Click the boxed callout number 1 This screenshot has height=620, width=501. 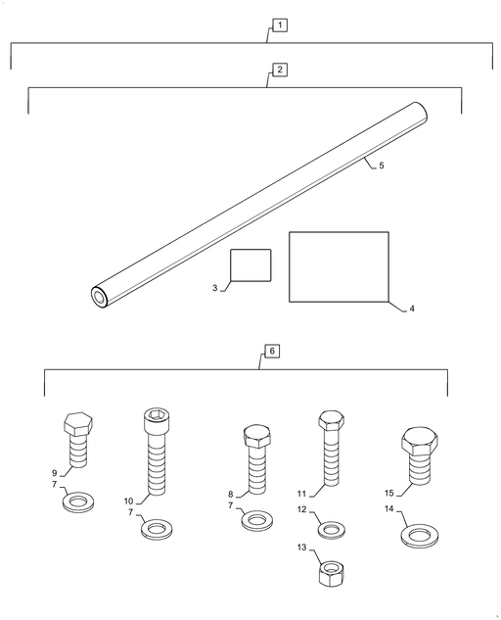(280, 25)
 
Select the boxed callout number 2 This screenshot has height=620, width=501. (280, 70)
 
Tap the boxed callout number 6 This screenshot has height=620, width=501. (272, 351)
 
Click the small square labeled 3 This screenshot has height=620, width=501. (250, 265)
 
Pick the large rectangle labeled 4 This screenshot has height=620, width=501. (339, 266)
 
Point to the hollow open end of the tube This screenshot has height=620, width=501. (99, 297)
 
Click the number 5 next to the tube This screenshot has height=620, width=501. (382, 166)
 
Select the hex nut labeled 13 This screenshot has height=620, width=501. (331, 573)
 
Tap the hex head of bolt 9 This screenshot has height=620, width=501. (78, 424)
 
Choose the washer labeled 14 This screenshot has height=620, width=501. (420, 536)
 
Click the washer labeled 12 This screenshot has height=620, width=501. (332, 530)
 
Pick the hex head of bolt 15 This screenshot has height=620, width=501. (420, 441)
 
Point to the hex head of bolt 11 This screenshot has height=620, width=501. (331, 421)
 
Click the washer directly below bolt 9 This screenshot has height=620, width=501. (78, 502)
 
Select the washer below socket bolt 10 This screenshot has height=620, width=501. (158, 529)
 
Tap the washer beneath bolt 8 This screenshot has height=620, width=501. (257, 520)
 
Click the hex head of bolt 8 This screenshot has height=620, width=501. (257, 437)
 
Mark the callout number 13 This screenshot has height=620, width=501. (301, 548)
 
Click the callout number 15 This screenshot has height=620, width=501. (389, 493)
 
